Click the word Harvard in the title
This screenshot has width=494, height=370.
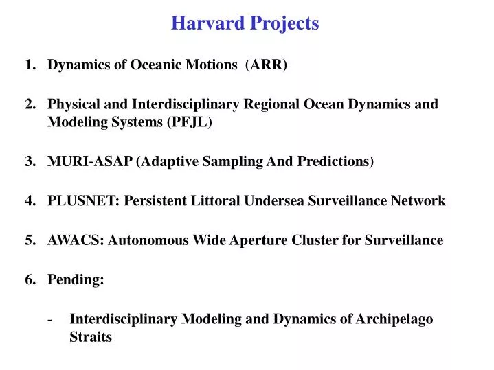(203, 23)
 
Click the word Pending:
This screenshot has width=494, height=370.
(76, 280)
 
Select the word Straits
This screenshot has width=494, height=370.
(90, 338)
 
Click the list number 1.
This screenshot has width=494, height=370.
(30, 65)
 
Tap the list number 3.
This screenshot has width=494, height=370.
(30, 162)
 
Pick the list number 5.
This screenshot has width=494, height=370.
(30, 240)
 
